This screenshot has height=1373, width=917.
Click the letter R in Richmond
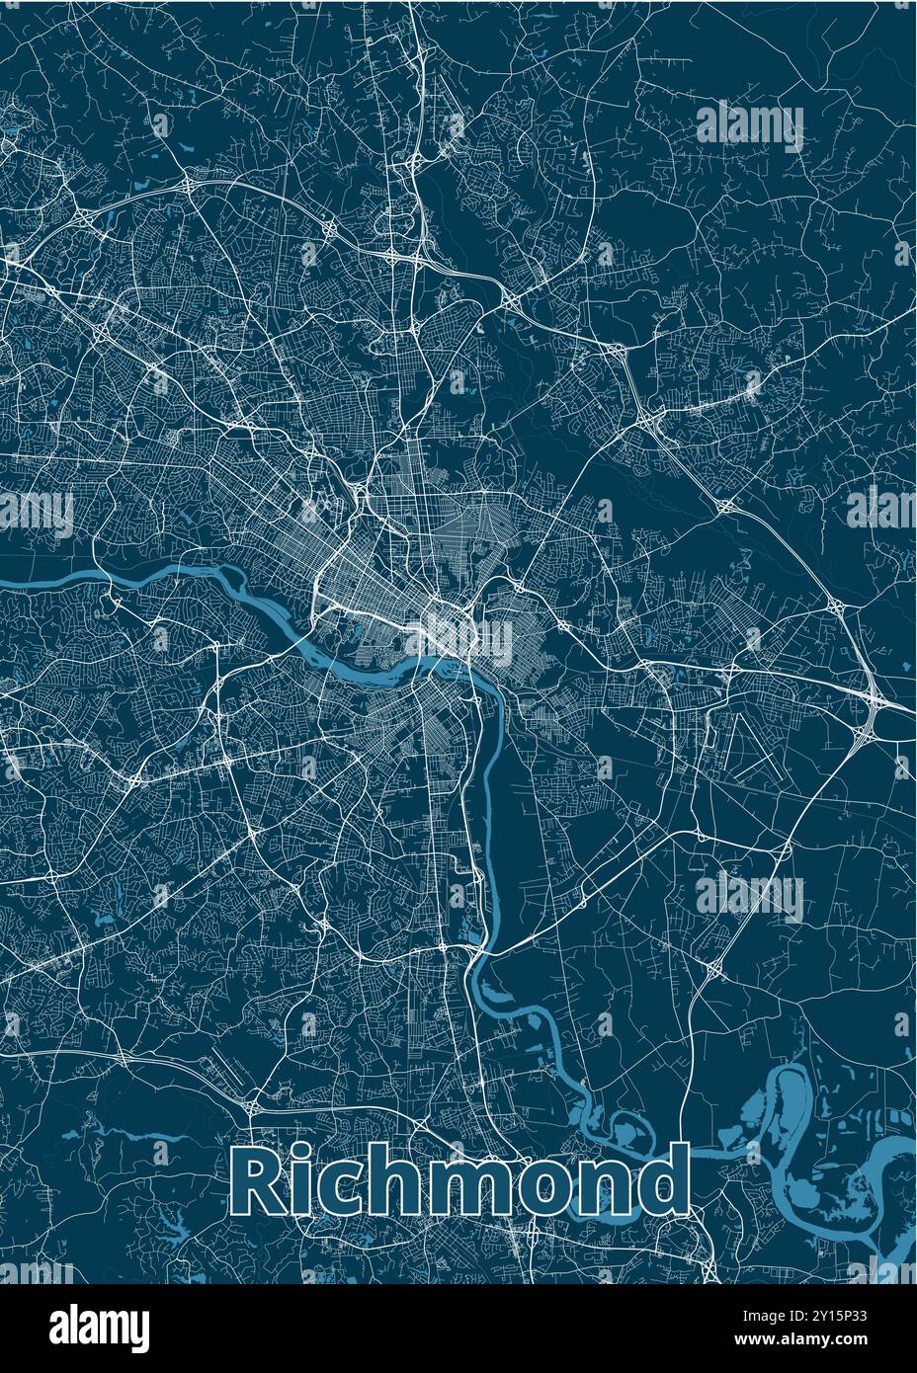[260, 1182]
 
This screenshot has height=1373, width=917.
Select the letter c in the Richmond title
[346, 1190]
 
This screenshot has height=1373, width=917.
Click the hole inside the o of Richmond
[549, 1191]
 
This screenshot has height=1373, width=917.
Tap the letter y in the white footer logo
[139, 1330]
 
